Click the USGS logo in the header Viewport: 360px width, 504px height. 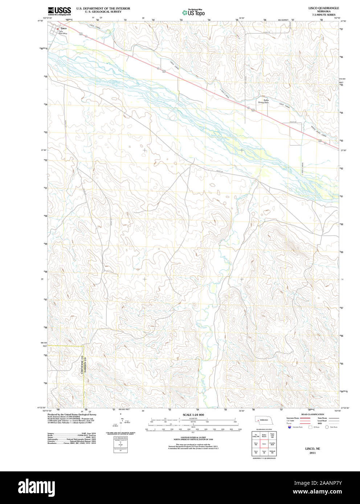tap(59, 11)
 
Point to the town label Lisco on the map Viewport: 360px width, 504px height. tap(64, 28)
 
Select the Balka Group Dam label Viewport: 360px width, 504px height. tap(263, 101)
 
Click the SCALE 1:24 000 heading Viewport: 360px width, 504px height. tap(193, 415)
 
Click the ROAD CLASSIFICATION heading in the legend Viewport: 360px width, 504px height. tap(312, 414)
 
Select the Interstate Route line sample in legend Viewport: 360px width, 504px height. tap(304, 418)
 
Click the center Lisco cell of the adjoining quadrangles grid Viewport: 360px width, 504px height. tap(264, 443)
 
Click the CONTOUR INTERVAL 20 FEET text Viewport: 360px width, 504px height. tap(193, 438)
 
